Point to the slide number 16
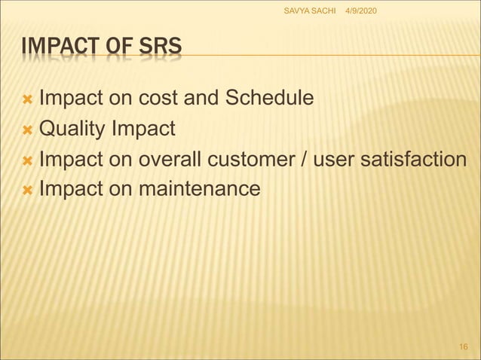464,345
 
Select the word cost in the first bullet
158,99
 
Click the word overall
160,159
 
